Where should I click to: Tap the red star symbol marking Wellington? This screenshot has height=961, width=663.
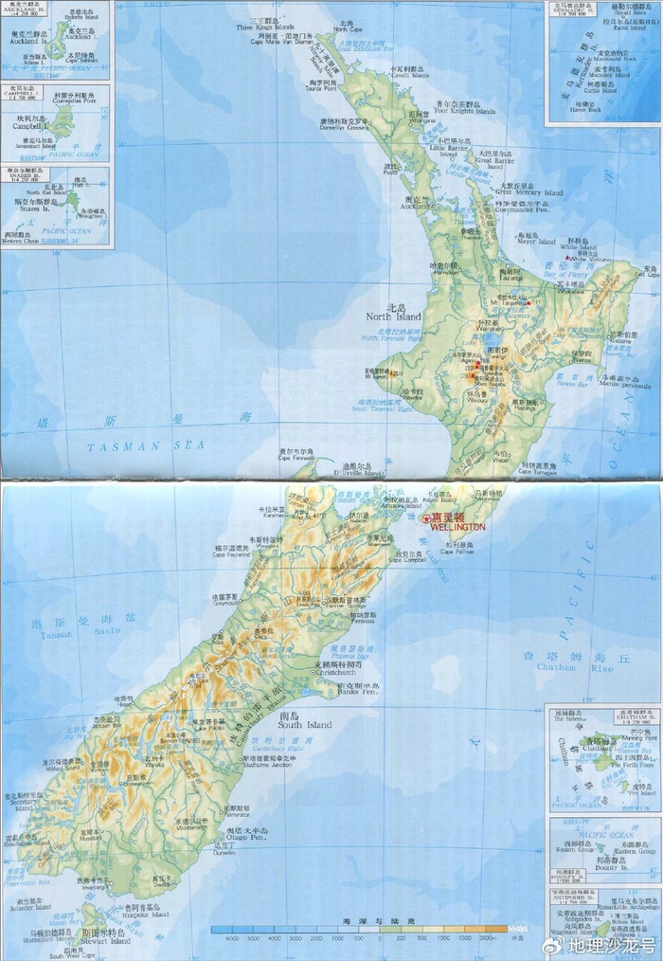pyautogui.click(x=426, y=518)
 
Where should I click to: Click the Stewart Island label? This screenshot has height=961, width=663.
pyautogui.click(x=105, y=944)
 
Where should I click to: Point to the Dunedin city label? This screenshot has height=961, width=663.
pyautogui.click(x=224, y=853)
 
